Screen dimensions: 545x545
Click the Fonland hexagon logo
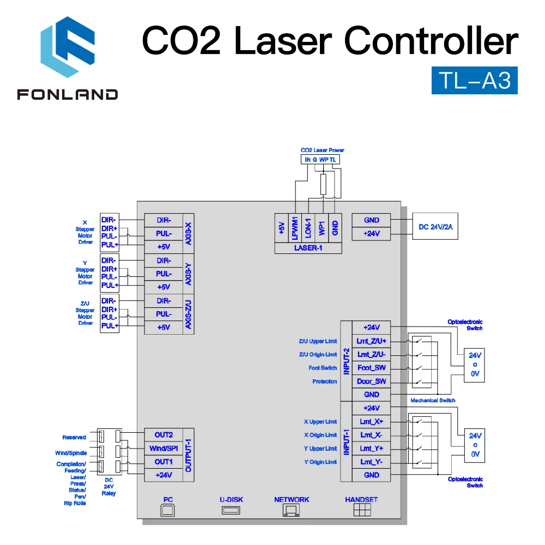(68, 47)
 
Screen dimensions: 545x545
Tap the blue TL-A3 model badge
(475, 80)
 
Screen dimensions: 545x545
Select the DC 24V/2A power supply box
(435, 226)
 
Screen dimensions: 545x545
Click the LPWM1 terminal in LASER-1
(295, 228)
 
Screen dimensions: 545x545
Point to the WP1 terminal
(322, 228)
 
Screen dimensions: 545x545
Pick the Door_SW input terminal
(371, 381)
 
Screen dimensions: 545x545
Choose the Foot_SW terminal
(371, 368)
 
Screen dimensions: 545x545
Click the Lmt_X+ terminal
(371, 422)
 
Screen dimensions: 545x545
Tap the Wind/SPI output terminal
(163, 449)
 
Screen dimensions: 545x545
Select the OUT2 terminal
(163, 435)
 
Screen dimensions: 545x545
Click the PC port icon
(167, 510)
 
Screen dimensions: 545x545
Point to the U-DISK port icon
(231, 510)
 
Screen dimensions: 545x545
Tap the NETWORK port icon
(291, 510)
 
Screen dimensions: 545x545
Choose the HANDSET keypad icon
(362, 510)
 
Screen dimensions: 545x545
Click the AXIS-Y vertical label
(189, 274)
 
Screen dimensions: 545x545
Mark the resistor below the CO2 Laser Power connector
(323, 185)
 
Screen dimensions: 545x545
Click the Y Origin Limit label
(320, 462)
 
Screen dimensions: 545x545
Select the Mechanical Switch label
(433, 401)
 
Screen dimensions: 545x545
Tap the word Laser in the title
(283, 41)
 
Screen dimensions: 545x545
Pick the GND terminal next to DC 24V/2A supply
(371, 220)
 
